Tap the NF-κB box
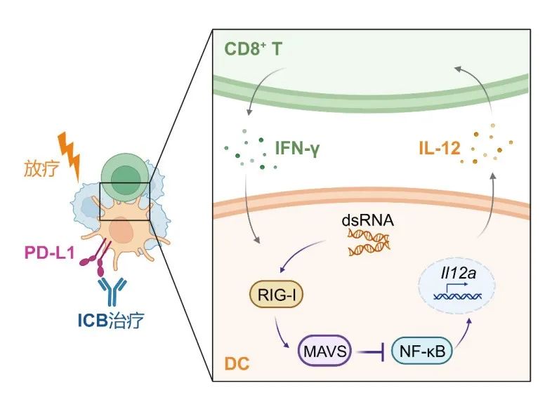[x=416, y=350]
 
